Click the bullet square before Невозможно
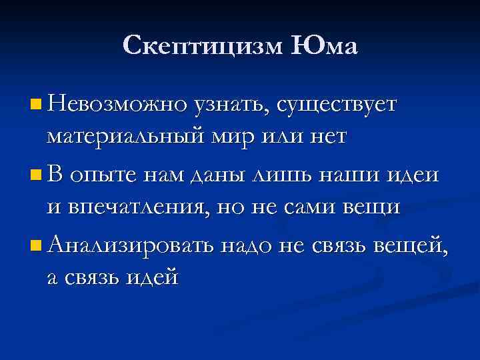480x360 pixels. point(35,104)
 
